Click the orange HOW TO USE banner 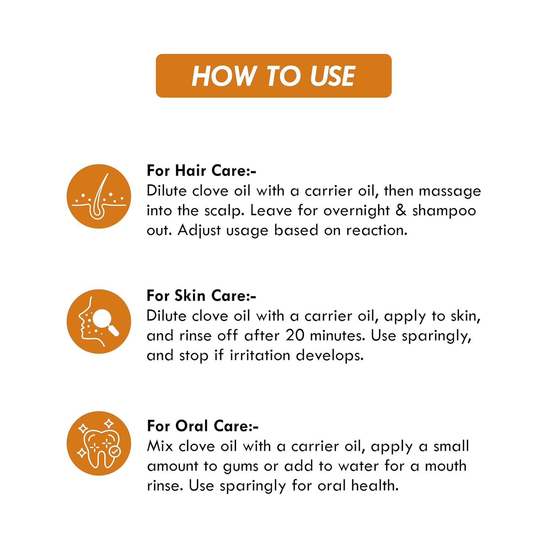pos(274,76)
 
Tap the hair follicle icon pos(99,196)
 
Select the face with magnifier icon pos(99,321)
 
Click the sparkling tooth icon pos(99,443)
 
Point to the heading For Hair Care pos(201,171)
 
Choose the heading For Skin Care pos(201,296)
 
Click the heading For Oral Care pos(203,426)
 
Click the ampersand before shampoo pos(401,210)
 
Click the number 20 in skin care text pos(295,335)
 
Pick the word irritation pos(260,355)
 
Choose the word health pos(375,486)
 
